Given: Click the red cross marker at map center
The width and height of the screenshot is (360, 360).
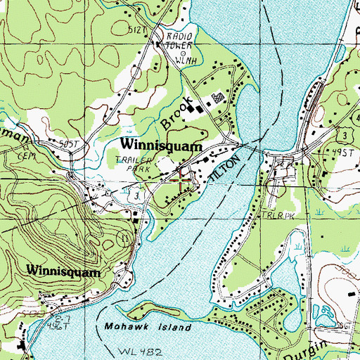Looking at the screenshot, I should click(180, 179).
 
